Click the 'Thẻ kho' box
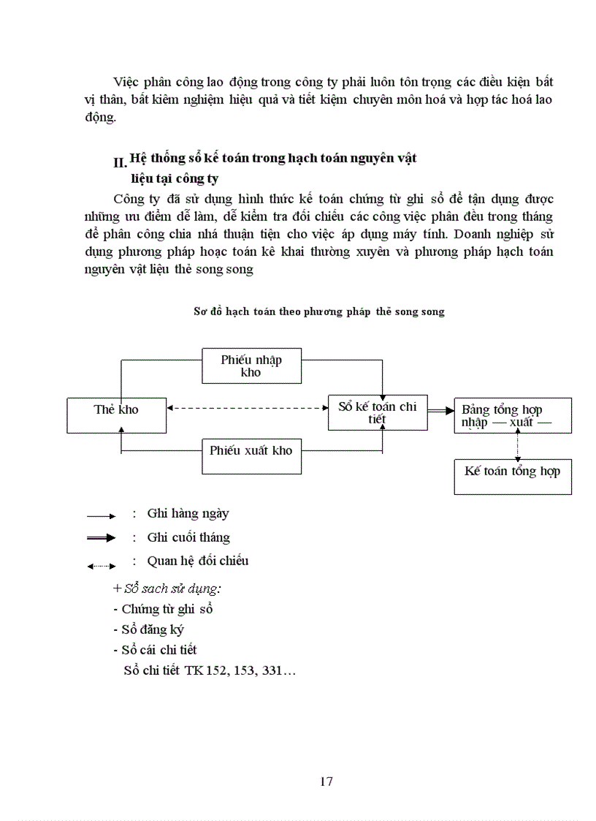tap(117, 415)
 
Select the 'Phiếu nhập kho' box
tap(251, 366)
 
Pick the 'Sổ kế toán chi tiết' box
tap(377, 413)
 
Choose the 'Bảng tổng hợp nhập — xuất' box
tap(513, 416)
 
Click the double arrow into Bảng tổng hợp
tap(440, 412)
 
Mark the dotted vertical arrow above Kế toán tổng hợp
tap(518, 446)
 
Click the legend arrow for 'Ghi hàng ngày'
tap(102, 516)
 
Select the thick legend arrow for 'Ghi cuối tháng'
tap(102, 538)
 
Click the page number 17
tap(326, 782)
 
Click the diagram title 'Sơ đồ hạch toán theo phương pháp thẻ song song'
tap(318, 311)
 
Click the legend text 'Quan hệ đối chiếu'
tap(198, 561)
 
